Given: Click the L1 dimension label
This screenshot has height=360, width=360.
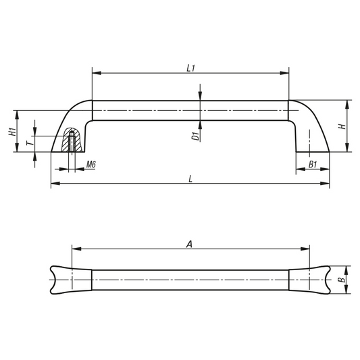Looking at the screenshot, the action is point(190,68).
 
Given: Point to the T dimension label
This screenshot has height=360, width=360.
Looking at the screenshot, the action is point(30,143).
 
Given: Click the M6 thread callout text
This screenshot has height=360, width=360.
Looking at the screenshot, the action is point(91,164).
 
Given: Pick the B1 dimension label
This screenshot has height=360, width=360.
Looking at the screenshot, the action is point(313,164).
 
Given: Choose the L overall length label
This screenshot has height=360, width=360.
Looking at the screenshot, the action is point(190,178).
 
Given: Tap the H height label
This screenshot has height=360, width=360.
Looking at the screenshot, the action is point(342,126).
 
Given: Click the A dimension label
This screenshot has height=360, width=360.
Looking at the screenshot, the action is point(189,245).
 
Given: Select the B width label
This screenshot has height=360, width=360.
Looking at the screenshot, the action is point(342,280).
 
